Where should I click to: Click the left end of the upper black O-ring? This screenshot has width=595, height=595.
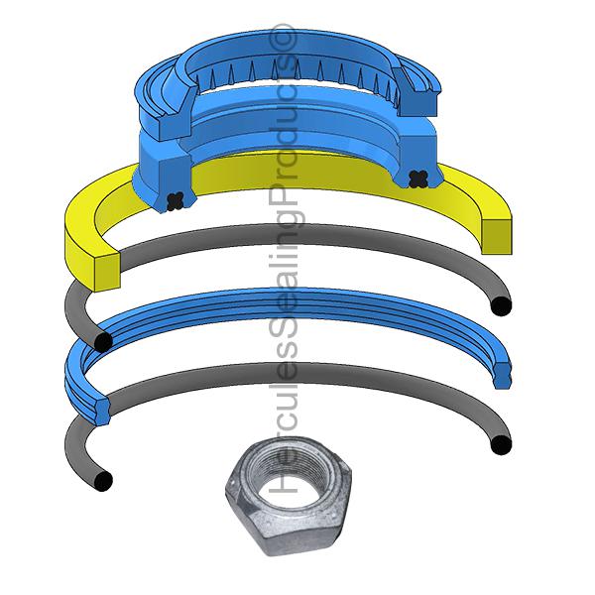coord(102,342)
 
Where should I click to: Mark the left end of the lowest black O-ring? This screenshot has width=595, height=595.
coord(101,480)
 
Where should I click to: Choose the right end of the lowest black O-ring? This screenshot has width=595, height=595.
coord(502,443)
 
